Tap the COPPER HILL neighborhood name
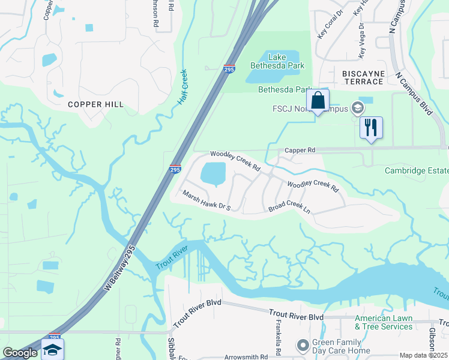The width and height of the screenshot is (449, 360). click(95, 104)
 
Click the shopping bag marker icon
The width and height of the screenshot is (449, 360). click(318, 100)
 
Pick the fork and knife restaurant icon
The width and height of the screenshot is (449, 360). click(371, 127)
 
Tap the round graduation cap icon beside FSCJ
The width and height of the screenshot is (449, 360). click(358, 108)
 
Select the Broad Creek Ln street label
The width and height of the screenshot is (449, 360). click(289, 208)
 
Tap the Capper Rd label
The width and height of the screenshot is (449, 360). click(300, 150)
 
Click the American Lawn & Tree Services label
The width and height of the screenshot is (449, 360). click(384, 322)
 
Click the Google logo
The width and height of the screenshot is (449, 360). click(20, 353)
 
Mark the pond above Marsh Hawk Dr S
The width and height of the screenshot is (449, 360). click(212, 174)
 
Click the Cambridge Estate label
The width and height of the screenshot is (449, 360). click(417, 171)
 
